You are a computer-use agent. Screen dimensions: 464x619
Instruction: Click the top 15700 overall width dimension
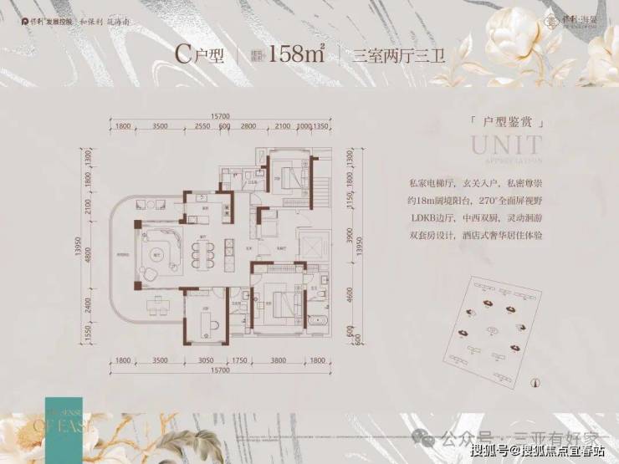[222, 115]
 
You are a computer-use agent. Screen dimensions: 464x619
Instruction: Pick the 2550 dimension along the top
[202, 125]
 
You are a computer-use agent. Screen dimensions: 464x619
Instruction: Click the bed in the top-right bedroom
[290, 176]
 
